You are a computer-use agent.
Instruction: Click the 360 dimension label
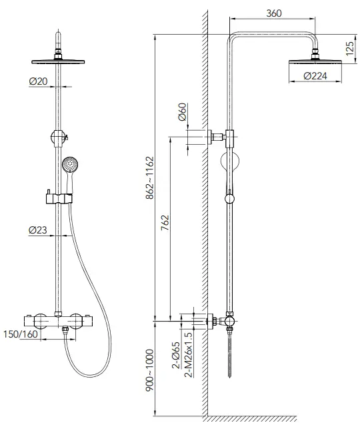coord(272,13)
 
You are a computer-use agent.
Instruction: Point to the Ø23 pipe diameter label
coord(38,230)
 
